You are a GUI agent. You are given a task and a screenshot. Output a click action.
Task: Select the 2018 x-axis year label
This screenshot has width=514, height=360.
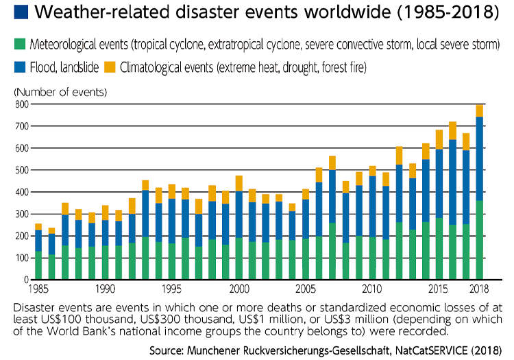point(479,289)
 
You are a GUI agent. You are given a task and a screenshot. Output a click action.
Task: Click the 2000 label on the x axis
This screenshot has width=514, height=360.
point(239,289)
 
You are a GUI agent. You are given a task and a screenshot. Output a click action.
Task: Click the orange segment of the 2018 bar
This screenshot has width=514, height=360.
point(479,110)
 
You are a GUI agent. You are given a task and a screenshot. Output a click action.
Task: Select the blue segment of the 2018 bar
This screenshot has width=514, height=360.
point(479,158)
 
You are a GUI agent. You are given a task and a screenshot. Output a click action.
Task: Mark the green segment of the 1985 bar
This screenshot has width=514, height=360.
point(38,265)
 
